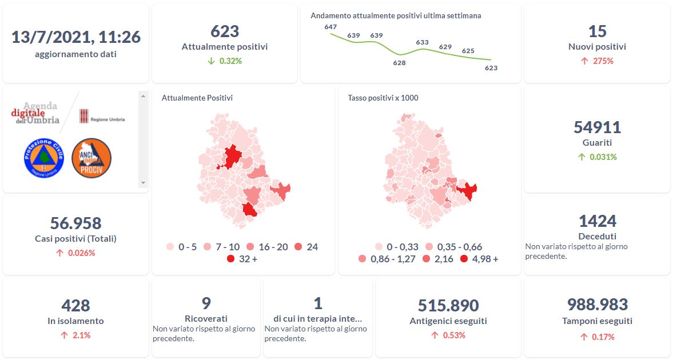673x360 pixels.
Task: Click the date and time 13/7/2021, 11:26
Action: [x=76, y=37]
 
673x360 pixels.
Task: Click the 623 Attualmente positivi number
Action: [x=225, y=31]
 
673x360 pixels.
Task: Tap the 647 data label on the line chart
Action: [x=330, y=27]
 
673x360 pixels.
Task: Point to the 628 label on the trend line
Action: [x=399, y=63]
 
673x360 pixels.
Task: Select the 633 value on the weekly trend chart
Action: [x=422, y=42]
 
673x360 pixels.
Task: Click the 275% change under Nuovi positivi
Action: [x=603, y=61]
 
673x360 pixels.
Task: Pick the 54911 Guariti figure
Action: [x=597, y=127]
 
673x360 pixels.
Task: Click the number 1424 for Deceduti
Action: [x=597, y=221]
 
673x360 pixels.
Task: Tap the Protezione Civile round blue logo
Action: [x=43, y=157]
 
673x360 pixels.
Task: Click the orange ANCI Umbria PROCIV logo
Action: [x=91, y=157]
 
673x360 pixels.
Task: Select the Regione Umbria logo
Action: [x=102, y=116]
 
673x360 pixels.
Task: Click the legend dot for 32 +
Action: [x=230, y=259]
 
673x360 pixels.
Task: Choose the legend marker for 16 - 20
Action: [x=250, y=247]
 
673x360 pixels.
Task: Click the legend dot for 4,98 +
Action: [x=464, y=259]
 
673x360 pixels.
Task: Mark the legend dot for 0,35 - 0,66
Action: [x=429, y=247]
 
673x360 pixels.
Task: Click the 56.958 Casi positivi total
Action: [x=76, y=223]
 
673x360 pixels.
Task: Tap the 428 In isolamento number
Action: [x=76, y=306]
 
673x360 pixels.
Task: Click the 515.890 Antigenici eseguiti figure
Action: [x=448, y=306]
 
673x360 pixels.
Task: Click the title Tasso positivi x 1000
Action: [x=383, y=98]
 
